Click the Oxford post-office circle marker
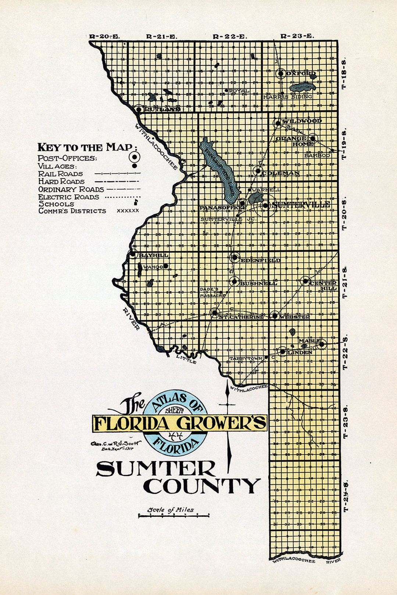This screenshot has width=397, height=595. tap(281, 73)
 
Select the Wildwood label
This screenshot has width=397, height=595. tap(302, 121)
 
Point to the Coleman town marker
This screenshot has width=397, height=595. tap(258, 171)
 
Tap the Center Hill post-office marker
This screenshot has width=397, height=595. tap(305, 281)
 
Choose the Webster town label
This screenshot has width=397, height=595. tap(294, 317)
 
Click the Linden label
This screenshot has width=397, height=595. tap(300, 352)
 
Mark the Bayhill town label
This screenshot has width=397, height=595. tap(153, 255)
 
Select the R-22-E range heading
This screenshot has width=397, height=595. tap(230, 36)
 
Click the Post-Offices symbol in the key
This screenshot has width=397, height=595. tap(135, 157)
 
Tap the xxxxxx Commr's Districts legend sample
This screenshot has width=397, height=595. tap(128, 211)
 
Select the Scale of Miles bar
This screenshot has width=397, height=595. tap(174, 516)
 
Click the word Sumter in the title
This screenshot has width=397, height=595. tap(156, 469)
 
